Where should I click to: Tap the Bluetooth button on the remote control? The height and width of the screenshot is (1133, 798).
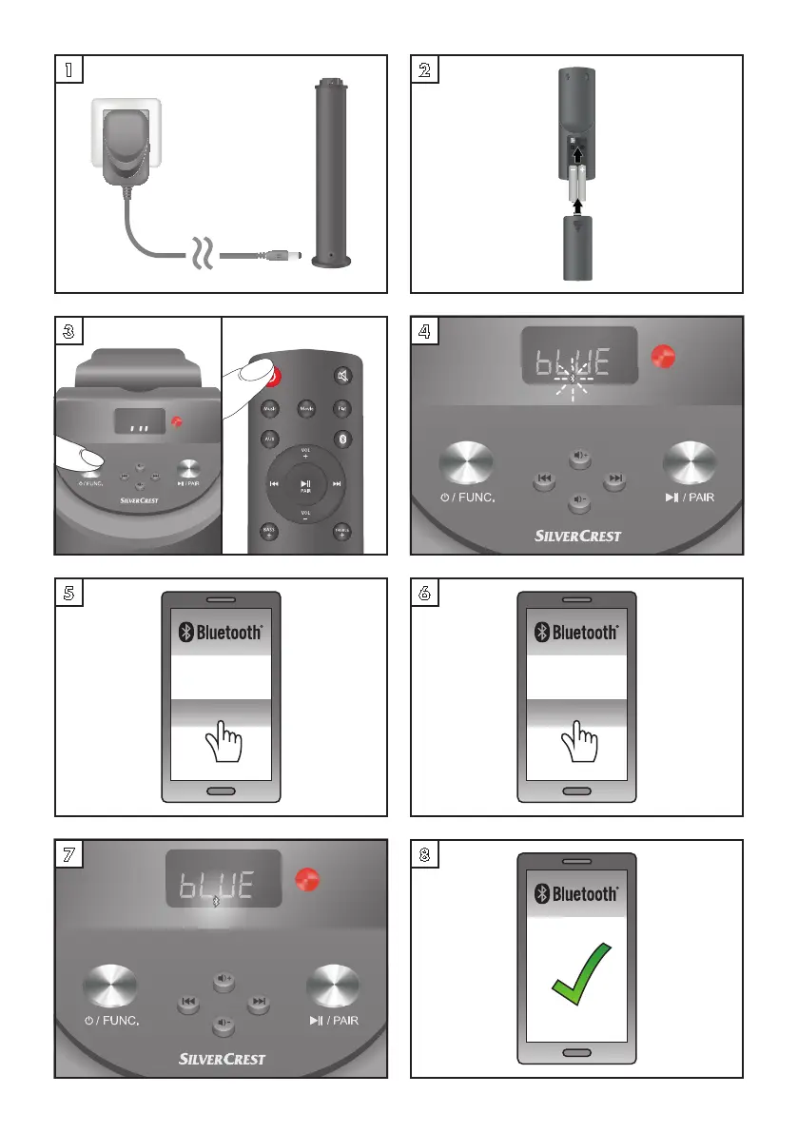pyautogui.click(x=343, y=440)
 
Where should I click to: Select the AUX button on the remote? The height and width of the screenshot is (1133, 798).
pyautogui.click(x=269, y=440)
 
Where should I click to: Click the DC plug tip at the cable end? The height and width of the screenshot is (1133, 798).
pyautogui.click(x=297, y=256)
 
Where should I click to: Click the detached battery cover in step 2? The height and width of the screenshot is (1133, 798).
pyautogui.click(x=576, y=247)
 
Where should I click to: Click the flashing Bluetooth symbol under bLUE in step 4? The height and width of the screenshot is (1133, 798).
pyautogui.click(x=572, y=381)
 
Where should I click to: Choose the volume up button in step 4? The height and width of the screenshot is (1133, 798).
pyautogui.click(x=579, y=459)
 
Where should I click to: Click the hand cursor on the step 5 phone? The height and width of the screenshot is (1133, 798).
pyautogui.click(x=221, y=739)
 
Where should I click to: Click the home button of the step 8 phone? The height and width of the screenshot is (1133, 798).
pyautogui.click(x=576, y=1052)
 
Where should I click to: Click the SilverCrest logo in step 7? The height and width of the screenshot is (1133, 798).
pyautogui.click(x=222, y=1058)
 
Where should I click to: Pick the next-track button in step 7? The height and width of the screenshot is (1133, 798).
pyautogui.click(x=258, y=1003)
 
